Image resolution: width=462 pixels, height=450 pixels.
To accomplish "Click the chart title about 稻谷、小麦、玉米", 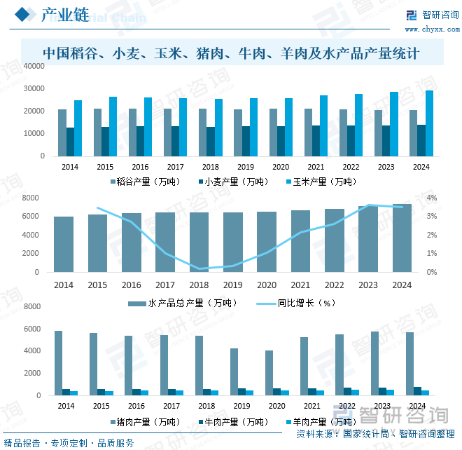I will (231, 53).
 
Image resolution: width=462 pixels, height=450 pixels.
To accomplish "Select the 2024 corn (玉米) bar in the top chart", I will (429, 123).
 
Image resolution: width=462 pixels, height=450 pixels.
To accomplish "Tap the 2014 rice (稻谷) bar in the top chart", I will (62, 132).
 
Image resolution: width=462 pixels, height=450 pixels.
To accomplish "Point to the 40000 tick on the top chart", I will (34, 66).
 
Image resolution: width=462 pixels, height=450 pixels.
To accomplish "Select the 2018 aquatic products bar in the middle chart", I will (199, 243).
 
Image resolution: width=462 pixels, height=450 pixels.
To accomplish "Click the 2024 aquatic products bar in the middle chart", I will (402, 238).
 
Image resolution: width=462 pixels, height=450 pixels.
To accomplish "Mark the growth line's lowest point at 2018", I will (199, 268).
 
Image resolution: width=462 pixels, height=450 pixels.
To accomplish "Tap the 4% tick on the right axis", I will (432, 198).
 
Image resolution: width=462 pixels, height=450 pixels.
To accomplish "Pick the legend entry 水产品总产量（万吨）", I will (187, 304).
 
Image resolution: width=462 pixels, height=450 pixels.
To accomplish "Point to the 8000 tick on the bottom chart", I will (36, 307).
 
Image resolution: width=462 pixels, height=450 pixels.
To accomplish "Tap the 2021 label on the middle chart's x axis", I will (300, 285).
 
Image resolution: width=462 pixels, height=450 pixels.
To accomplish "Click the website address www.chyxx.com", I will (430, 29).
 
